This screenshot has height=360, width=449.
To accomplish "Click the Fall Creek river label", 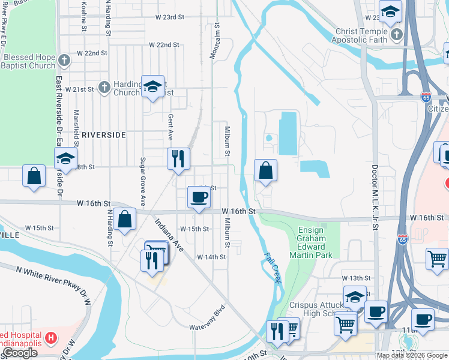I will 273,267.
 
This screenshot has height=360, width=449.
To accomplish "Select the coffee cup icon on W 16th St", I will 199,197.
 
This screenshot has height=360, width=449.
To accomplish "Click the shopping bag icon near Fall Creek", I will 265,171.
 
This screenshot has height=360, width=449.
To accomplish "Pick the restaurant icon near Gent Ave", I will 178,159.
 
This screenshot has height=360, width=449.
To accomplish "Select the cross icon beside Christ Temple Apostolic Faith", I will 396,35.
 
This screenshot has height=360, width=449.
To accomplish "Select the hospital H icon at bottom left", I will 51,338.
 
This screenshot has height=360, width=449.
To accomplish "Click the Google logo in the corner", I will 20,353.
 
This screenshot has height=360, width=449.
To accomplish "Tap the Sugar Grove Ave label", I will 143,182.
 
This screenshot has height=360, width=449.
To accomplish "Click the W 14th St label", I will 211,257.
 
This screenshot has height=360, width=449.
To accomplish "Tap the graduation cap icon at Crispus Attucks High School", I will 355,297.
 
